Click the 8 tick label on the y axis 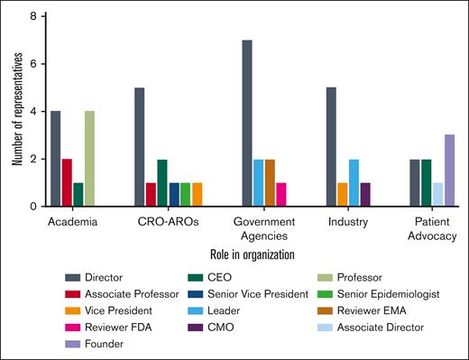[33, 17]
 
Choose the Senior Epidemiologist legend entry [377, 295]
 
